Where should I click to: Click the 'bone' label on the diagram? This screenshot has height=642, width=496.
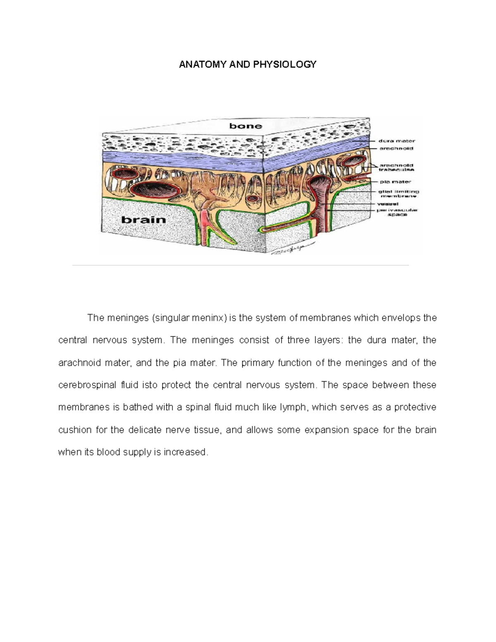tap(246, 126)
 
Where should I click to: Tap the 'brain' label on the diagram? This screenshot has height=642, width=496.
tap(143, 220)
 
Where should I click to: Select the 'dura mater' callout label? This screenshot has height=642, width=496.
tap(396, 141)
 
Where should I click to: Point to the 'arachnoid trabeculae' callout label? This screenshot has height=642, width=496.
tap(396, 167)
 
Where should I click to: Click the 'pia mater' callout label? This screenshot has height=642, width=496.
tap(396, 181)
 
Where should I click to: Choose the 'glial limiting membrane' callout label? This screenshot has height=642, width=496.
tap(398, 194)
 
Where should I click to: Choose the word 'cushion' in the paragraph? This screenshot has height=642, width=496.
tap(74, 430)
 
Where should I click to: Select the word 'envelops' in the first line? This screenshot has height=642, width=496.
tap(398, 318)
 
